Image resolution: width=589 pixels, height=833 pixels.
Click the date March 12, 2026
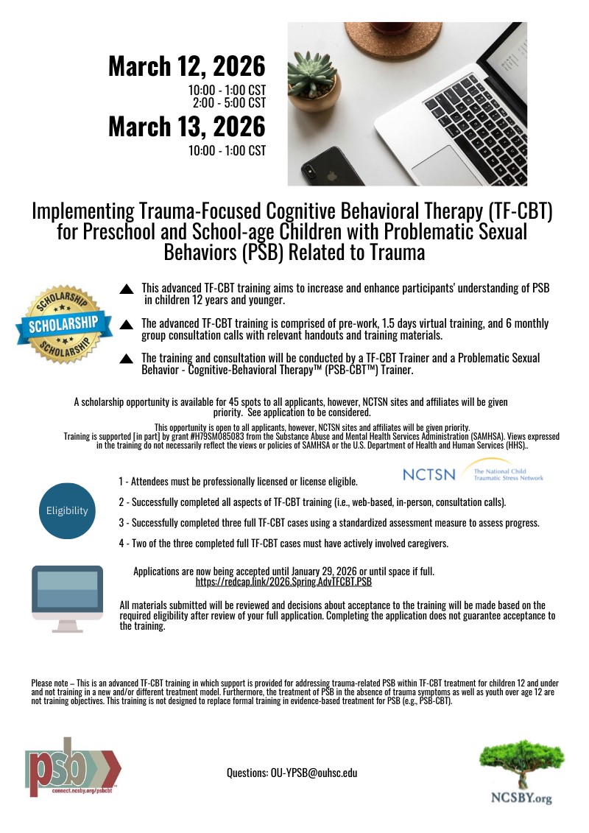(186, 66)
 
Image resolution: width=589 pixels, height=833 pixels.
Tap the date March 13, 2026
(186, 126)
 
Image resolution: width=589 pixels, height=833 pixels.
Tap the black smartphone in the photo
(325, 166)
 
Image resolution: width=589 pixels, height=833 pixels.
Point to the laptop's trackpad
(442, 165)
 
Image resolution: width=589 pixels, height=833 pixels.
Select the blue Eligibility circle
(67, 510)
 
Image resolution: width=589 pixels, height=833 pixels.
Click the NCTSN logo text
(429, 475)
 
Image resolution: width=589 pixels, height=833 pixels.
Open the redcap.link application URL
(283, 582)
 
